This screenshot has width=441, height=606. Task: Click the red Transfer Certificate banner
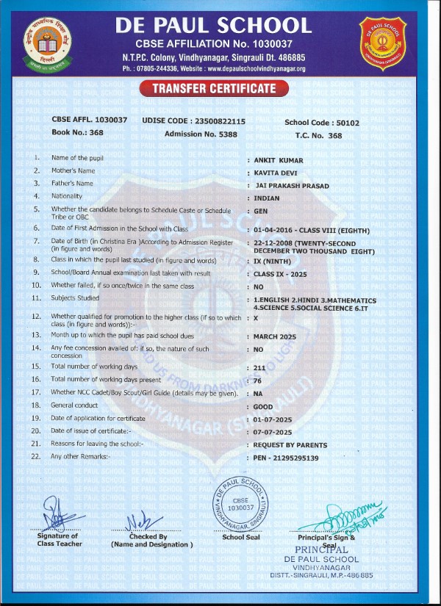tap(214, 89)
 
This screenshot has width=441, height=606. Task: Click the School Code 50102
tap(344, 123)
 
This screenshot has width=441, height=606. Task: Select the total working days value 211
tap(259, 366)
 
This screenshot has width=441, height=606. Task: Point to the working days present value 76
tap(257, 379)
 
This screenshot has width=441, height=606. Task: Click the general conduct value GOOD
tap(262, 405)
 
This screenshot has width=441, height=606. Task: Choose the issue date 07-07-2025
tap(273, 431)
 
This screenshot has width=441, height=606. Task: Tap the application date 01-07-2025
tap(273, 418)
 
